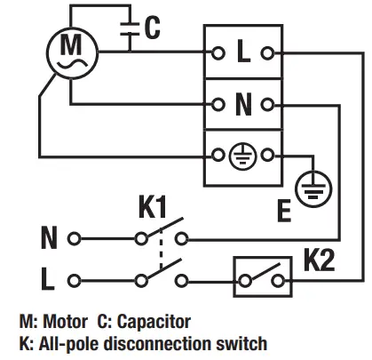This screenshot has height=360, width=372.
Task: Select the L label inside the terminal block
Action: coord(243,52)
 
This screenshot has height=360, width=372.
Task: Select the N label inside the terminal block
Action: coord(243,104)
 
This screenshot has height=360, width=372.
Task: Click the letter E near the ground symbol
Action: coord(285,211)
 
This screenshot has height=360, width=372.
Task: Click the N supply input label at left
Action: coord(50,239)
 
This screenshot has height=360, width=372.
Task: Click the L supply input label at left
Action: coord(50,280)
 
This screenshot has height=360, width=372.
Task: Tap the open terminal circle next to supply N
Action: coord(75,239)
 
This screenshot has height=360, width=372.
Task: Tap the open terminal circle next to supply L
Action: coord(75,280)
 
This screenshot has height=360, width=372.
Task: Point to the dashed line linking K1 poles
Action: coord(162,259)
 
